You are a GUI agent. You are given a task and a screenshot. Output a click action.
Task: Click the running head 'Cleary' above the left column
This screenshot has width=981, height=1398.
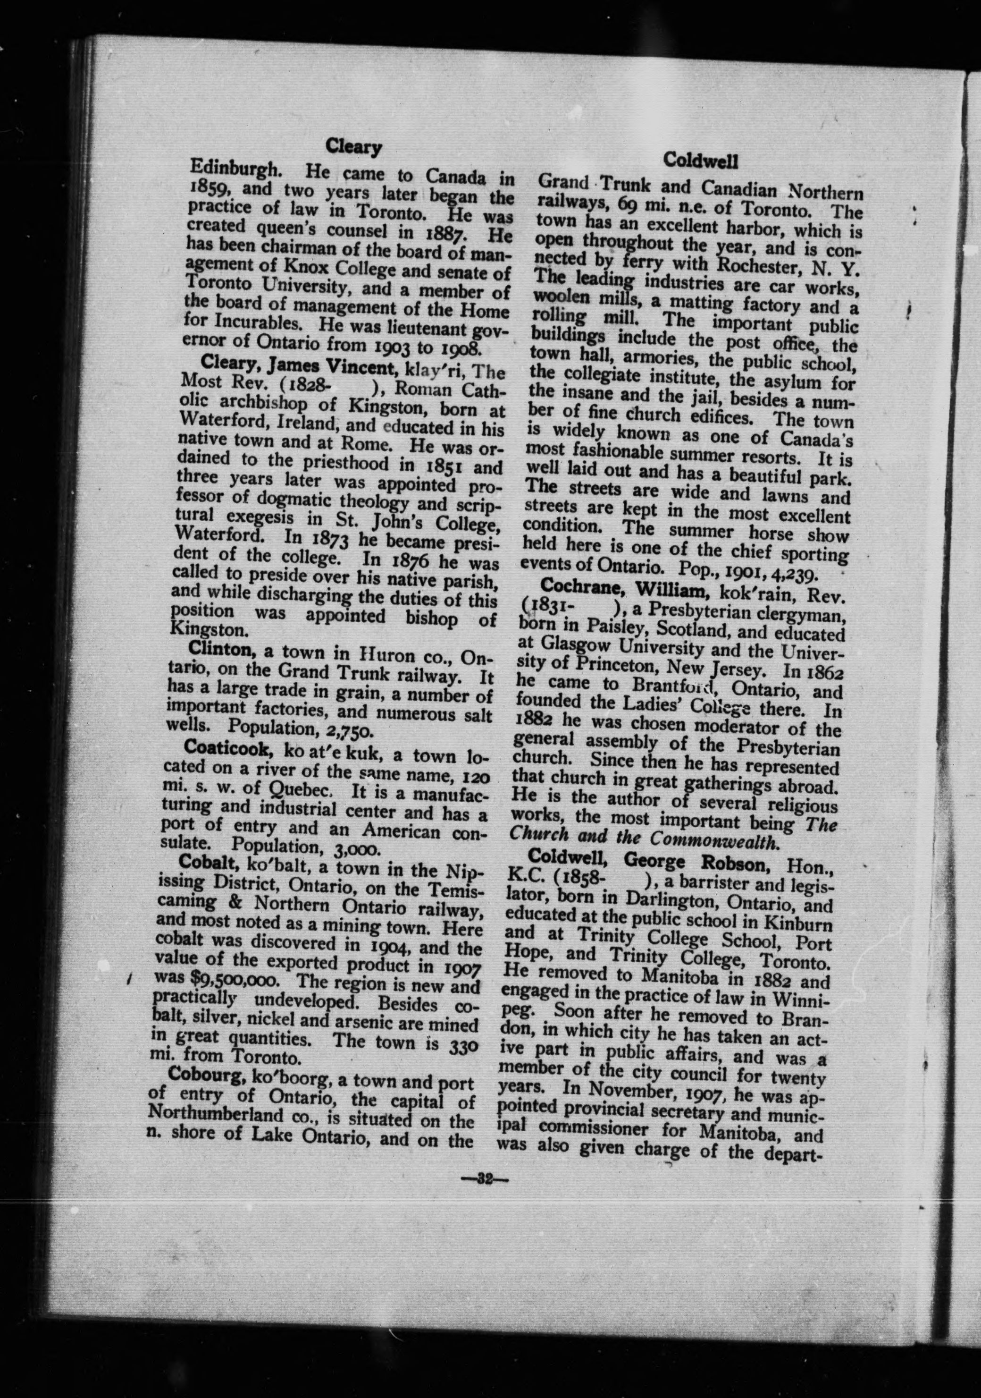click(x=353, y=147)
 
